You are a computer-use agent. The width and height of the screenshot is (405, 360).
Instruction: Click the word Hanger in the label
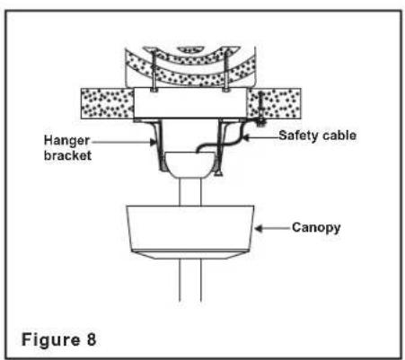(x=66, y=141)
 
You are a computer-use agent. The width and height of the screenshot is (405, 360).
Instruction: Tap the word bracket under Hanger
(x=67, y=155)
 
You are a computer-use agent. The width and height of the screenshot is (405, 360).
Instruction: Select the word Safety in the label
(x=297, y=136)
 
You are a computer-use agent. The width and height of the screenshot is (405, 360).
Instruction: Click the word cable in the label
(x=338, y=136)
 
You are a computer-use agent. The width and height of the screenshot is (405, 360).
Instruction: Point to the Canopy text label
(x=316, y=228)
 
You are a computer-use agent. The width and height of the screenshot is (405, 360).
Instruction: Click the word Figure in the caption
(x=51, y=340)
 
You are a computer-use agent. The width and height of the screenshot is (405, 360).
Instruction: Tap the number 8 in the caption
(x=92, y=339)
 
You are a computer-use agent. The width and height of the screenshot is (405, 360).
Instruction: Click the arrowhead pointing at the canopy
(x=259, y=229)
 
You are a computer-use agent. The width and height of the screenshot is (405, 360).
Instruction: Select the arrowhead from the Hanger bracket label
(x=153, y=142)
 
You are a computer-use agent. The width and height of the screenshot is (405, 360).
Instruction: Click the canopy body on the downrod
(x=190, y=227)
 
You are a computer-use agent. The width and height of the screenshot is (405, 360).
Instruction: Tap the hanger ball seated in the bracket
(x=190, y=164)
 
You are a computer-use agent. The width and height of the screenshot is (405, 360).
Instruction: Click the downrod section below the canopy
(x=190, y=280)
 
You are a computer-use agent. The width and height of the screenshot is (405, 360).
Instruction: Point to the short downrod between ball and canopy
(x=190, y=192)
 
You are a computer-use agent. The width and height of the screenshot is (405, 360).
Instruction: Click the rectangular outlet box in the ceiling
(x=190, y=103)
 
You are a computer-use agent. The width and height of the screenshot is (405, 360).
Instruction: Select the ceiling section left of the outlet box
(x=108, y=103)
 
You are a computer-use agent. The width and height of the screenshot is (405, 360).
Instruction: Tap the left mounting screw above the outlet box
(x=154, y=71)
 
